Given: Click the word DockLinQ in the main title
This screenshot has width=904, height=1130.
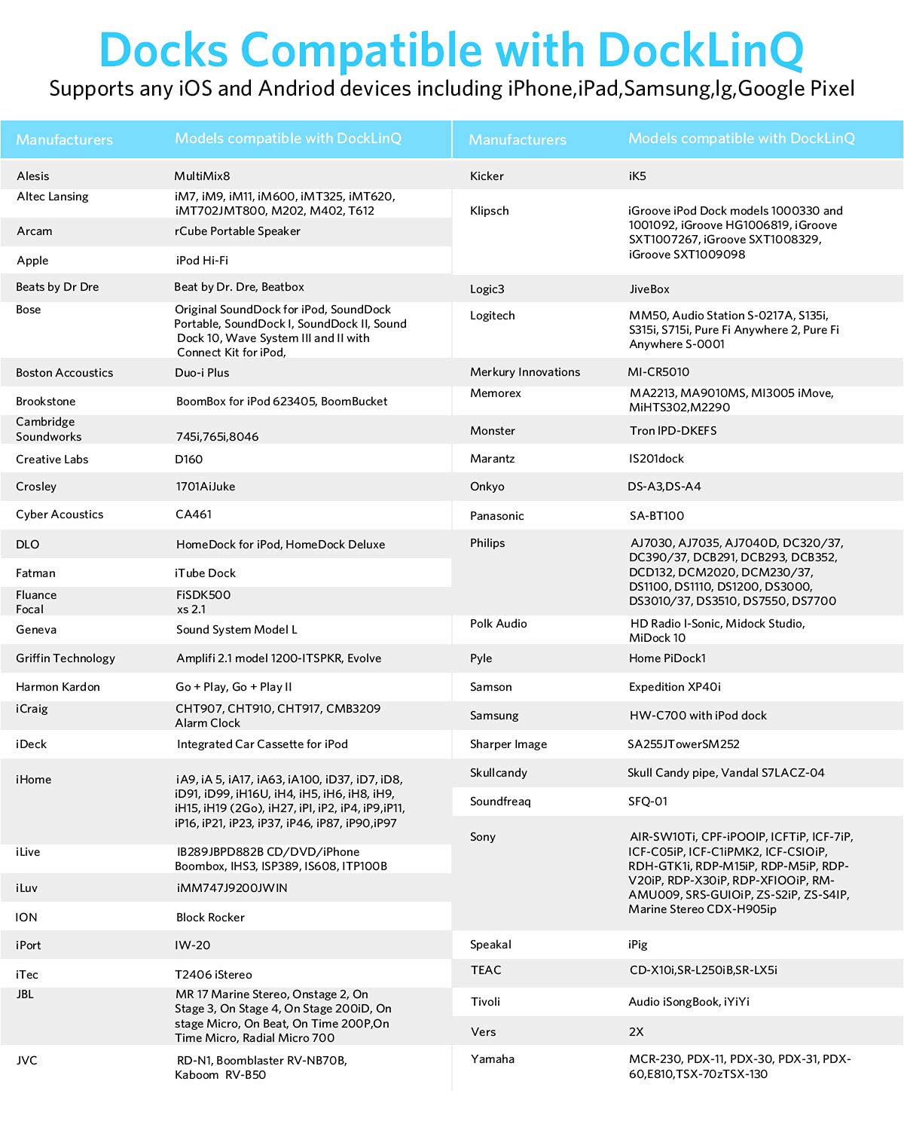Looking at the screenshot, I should [x=701, y=51].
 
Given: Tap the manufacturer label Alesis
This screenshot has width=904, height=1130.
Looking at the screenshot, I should [x=33, y=176].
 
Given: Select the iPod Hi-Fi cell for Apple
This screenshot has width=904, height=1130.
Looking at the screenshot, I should [x=202, y=261].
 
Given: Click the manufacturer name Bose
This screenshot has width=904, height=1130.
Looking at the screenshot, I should [x=29, y=310].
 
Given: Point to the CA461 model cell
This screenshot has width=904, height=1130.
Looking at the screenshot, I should [x=194, y=515].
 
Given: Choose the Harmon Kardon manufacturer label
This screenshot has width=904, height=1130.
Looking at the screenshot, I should [x=58, y=687].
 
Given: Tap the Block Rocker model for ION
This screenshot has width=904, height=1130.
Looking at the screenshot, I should [x=210, y=918].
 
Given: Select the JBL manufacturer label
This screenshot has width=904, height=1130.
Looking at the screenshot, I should [x=25, y=994].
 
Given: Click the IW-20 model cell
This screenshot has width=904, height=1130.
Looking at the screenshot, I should [x=193, y=945].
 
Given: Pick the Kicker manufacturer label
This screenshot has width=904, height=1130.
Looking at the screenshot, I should [x=487, y=176].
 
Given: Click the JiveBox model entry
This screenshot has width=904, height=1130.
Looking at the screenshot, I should [x=649, y=289].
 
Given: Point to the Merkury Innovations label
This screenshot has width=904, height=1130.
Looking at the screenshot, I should [x=525, y=372].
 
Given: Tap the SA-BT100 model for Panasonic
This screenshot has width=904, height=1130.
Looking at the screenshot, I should [x=657, y=516].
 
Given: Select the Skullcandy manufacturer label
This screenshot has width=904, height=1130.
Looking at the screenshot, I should [x=499, y=773].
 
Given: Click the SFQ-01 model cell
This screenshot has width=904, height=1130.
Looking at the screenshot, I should [x=648, y=802].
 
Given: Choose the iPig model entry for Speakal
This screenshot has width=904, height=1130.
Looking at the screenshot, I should [x=638, y=945].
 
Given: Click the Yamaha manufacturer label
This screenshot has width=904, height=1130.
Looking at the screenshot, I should [x=493, y=1059].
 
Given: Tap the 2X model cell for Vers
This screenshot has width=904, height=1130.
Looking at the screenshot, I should [x=637, y=1032].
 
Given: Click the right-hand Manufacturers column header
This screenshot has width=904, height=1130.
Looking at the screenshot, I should [x=518, y=140].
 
